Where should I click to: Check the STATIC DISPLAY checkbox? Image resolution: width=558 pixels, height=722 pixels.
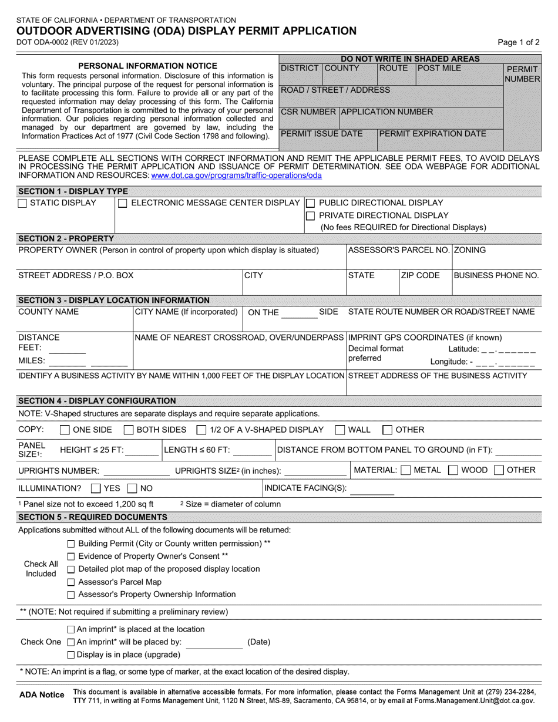pyautogui.click(x=22, y=203)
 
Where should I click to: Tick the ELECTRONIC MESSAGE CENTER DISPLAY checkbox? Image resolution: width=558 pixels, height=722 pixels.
pyautogui.click(x=123, y=203)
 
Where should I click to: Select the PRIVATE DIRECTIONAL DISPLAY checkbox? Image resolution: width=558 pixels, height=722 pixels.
pyautogui.click(x=311, y=215)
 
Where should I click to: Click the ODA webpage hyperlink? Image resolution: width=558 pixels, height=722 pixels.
pyautogui.click(x=236, y=175)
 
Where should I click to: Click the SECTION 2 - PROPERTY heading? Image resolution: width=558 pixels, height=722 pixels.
pyautogui.click(x=66, y=238)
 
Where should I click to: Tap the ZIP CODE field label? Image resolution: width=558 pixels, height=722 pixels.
pyautogui.click(x=420, y=275)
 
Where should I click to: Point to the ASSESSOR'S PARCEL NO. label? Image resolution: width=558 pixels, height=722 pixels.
pyautogui.click(x=399, y=250)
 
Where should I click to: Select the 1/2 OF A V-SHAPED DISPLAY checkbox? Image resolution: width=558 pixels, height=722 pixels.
pyautogui.click(x=201, y=430)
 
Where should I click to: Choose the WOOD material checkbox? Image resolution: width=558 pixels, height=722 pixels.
pyautogui.click(x=453, y=470)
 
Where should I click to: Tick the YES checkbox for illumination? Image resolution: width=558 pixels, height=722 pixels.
pyautogui.click(x=96, y=488)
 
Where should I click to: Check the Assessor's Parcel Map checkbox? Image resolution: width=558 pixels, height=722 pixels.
pyautogui.click(x=71, y=582)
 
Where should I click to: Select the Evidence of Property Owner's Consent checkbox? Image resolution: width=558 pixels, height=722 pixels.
pyautogui.click(x=71, y=556)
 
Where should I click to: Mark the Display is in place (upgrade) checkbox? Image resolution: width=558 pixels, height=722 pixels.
pyautogui.click(x=71, y=654)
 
